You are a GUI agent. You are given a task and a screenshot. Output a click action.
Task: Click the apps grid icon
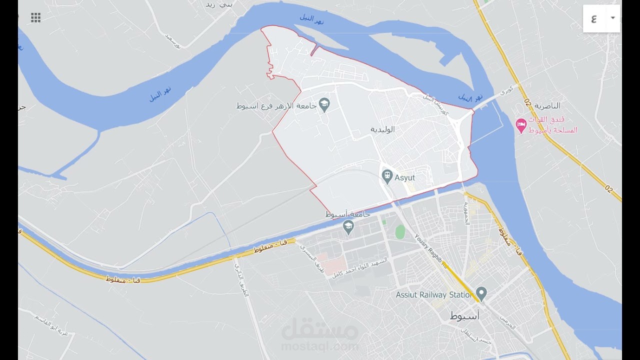tap(35, 18)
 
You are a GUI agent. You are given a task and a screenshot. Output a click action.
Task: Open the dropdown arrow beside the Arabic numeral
tap(612, 18)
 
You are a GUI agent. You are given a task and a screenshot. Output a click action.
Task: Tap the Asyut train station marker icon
tap(386, 176)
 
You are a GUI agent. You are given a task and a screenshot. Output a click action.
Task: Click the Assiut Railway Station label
tap(434, 295)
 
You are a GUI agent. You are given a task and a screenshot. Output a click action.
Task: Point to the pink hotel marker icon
tap(521, 125)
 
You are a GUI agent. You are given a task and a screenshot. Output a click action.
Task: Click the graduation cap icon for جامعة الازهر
tap(324, 105)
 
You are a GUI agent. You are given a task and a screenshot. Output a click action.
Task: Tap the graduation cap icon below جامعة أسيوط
tap(348, 227)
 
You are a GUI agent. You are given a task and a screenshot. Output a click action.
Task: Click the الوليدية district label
tap(382, 129)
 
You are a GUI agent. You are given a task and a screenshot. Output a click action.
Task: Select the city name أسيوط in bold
tap(464, 315)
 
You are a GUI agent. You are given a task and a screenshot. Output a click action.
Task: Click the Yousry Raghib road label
tap(430, 250)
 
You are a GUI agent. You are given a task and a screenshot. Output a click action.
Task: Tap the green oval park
tap(400, 232)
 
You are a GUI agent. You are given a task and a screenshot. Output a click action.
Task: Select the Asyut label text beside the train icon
tap(404, 177)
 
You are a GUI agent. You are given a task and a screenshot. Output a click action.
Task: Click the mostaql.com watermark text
tap(320, 346)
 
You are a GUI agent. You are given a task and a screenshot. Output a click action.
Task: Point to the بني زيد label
tap(219, 4)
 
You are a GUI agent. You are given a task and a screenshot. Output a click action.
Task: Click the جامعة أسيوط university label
tap(348, 214)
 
